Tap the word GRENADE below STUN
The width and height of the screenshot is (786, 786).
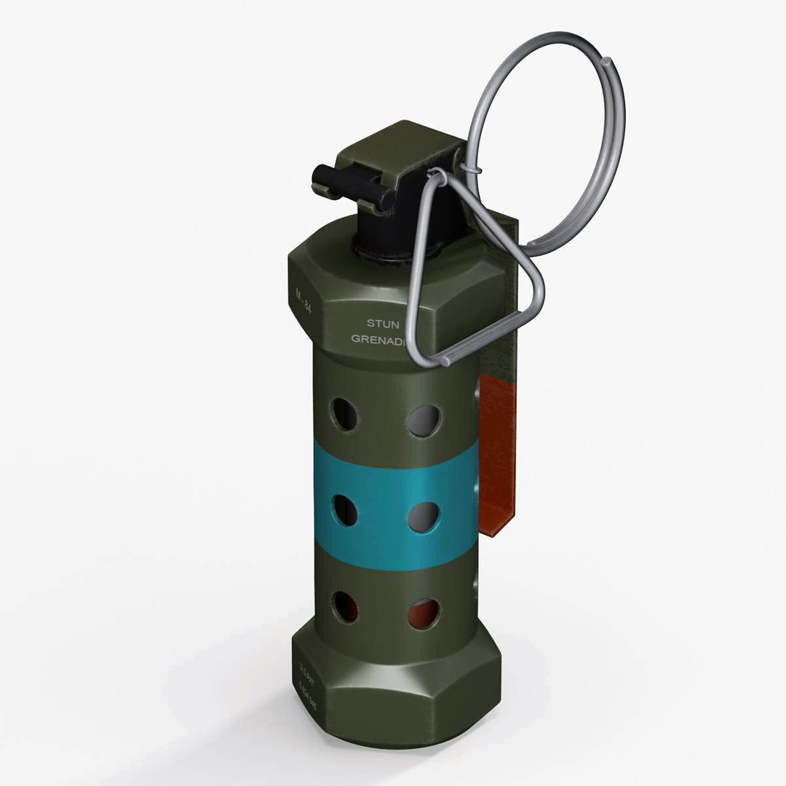coord(379,338)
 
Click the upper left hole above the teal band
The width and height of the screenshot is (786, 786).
coord(345,414)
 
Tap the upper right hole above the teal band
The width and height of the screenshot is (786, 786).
coord(424,421)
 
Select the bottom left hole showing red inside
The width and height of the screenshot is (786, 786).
coord(345,606)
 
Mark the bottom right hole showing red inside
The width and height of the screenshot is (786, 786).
coord(424,614)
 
